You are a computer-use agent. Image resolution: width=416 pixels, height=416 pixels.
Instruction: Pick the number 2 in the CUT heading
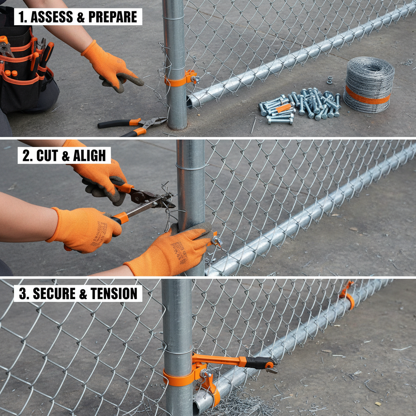tap(26, 156)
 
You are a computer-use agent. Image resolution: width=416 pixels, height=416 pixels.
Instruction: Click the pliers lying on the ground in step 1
tap(134, 126)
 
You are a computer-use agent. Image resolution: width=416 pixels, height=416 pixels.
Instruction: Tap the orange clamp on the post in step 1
tap(179, 79)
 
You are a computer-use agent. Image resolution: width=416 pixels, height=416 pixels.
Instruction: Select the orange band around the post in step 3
tap(178, 378)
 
